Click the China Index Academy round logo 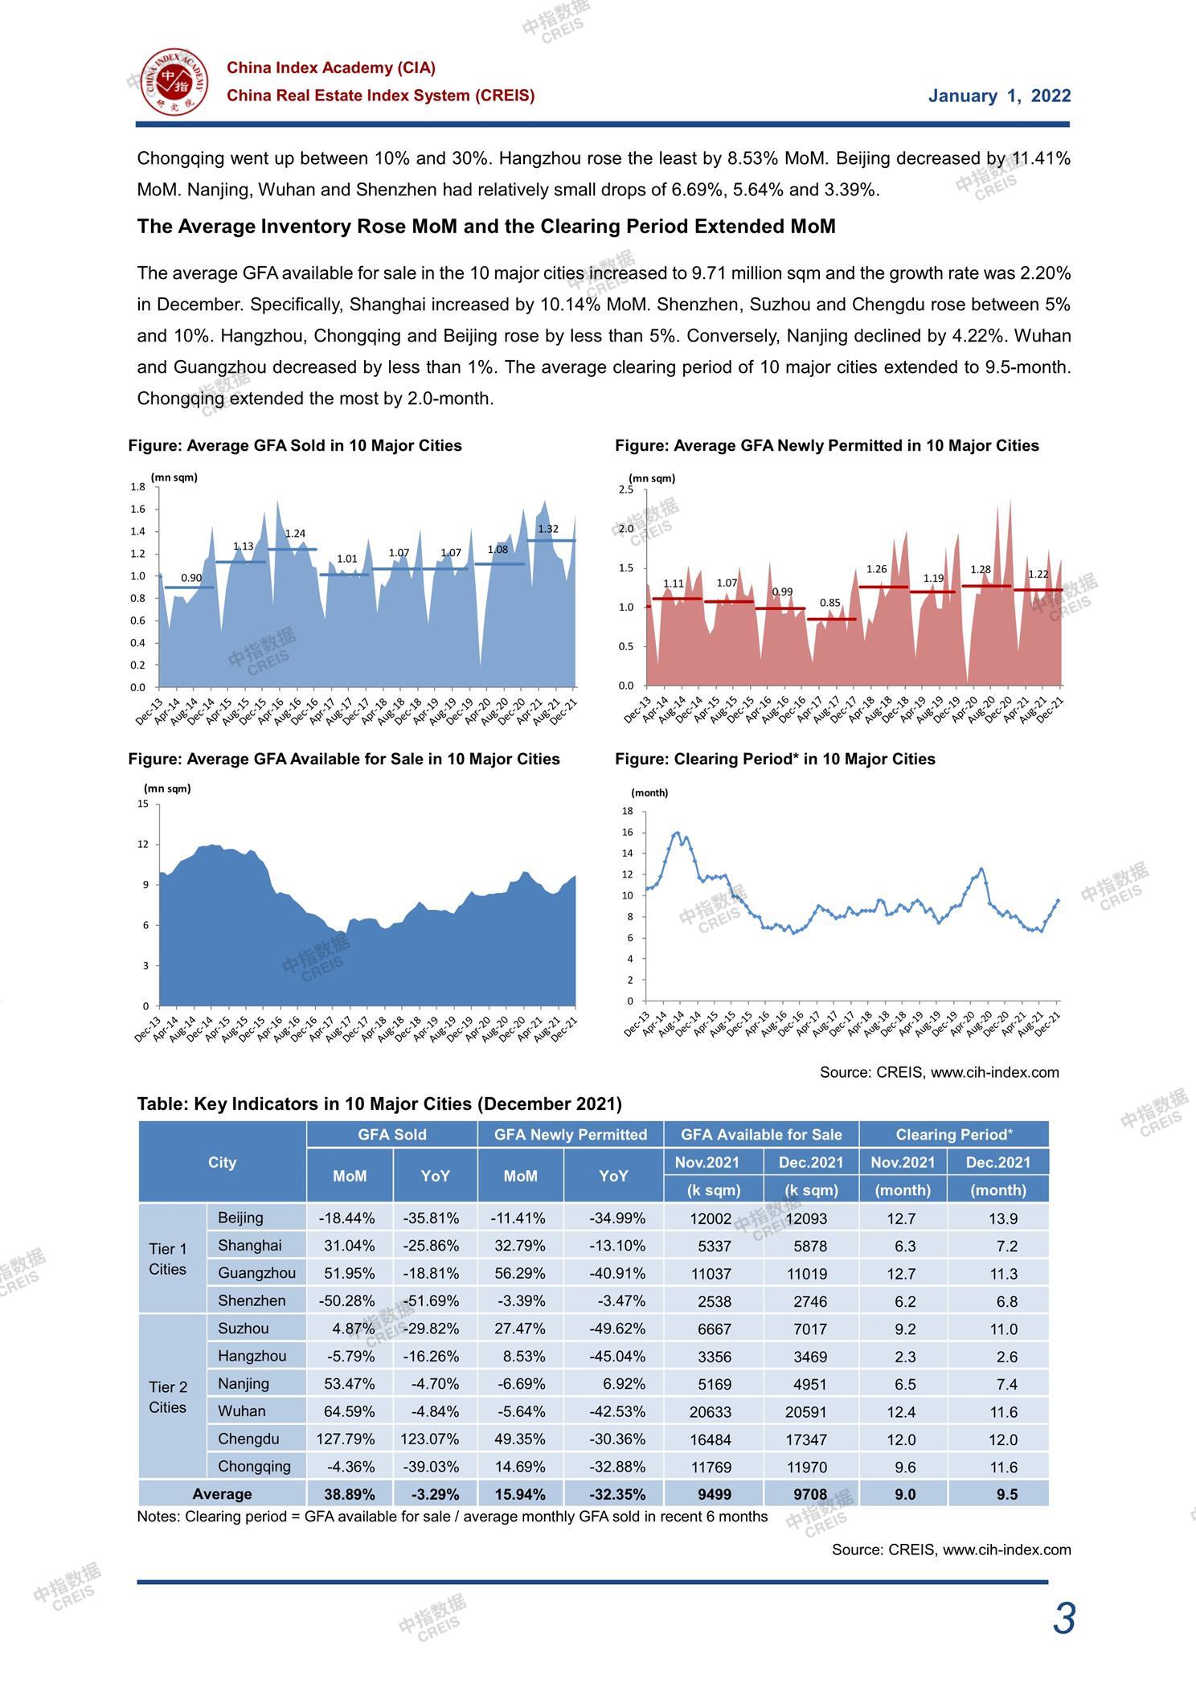[174, 82]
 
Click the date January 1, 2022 [999, 96]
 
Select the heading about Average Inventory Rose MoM [486, 227]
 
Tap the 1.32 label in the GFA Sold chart [548, 529]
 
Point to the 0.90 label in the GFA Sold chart [191, 578]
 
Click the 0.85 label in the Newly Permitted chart [830, 603]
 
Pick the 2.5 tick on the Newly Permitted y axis [626, 489]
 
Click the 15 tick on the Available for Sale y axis [143, 804]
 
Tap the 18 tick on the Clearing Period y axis [628, 811]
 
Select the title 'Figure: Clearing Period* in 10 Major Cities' [775, 759]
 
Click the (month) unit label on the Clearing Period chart [649, 792]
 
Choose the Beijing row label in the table [240, 1218]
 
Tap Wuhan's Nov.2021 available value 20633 [711, 1412]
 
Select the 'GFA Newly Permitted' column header [571, 1135]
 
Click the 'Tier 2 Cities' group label [168, 1397]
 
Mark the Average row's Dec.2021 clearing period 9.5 [1007, 1495]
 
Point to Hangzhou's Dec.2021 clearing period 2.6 [1007, 1357]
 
